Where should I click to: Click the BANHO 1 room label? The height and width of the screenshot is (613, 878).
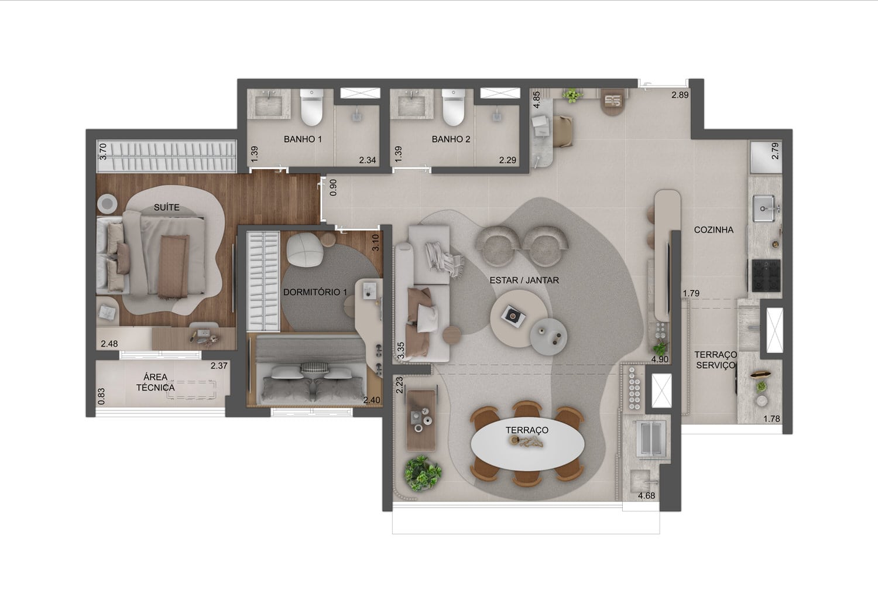[x=303, y=139]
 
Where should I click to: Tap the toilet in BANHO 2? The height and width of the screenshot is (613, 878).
[x=454, y=107]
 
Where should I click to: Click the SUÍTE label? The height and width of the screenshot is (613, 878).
[x=167, y=207]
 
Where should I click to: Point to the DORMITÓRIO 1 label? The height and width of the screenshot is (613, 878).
[x=315, y=292]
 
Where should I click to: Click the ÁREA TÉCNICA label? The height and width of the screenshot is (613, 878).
[x=156, y=382]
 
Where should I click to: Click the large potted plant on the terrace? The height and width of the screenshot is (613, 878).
[x=423, y=473]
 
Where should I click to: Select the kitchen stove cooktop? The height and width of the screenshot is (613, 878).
[x=766, y=275]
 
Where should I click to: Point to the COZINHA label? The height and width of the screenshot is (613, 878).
[x=714, y=230]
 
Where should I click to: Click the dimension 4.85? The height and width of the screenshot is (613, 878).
[x=537, y=100]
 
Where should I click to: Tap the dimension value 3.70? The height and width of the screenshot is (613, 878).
[x=102, y=151]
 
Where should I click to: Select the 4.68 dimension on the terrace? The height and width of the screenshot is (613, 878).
[x=646, y=496]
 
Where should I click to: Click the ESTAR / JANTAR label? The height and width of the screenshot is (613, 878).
[x=524, y=280]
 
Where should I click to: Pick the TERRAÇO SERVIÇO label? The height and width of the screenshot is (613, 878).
[x=716, y=360]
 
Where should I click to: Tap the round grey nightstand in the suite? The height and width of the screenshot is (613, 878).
[x=107, y=204]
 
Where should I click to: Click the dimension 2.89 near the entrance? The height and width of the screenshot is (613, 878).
[x=680, y=95]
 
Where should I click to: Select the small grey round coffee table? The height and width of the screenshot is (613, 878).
[x=548, y=336]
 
